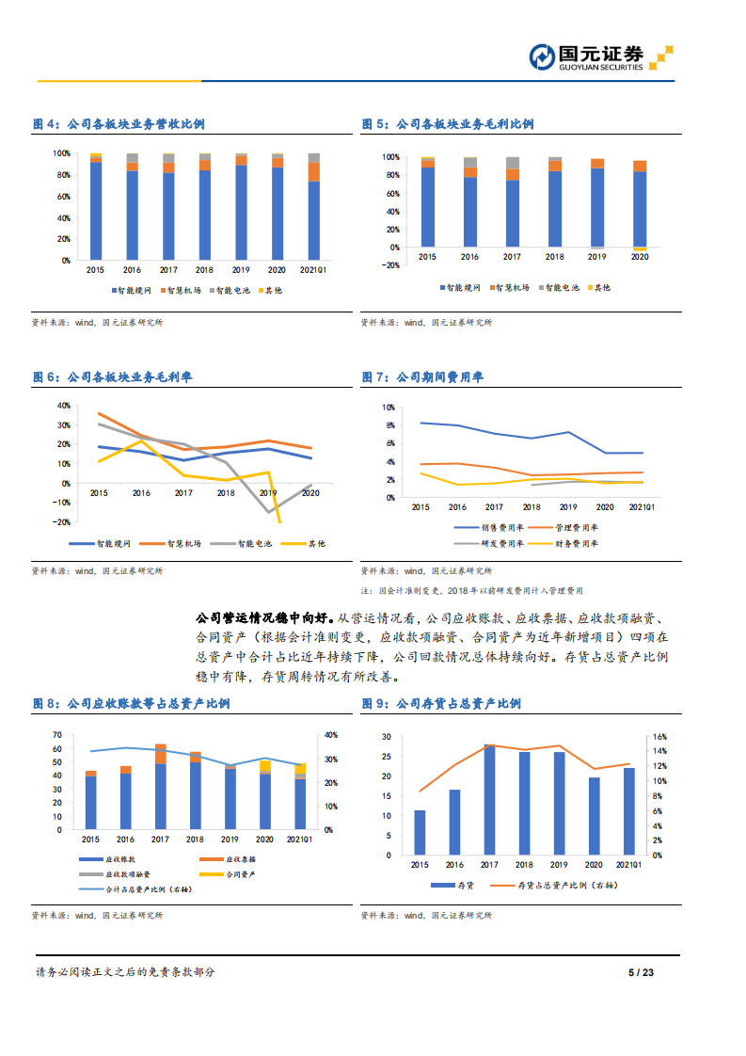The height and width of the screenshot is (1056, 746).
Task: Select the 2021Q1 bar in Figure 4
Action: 313,207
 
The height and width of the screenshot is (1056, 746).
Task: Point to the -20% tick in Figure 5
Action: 393,265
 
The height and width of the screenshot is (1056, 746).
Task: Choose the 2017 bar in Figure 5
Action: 512,202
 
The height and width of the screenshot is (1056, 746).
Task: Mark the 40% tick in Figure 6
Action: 64,406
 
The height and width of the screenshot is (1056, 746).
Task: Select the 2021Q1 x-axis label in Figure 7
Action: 643,506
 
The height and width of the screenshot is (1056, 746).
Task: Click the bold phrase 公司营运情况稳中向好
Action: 261,618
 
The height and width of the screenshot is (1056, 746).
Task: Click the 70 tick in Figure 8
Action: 57,735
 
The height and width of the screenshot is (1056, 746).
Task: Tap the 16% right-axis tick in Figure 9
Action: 659,737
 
